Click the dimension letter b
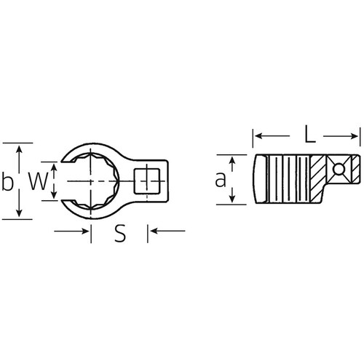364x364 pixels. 8,178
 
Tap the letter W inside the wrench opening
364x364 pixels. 36,179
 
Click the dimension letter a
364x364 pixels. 219,180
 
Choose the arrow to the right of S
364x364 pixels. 154,232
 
